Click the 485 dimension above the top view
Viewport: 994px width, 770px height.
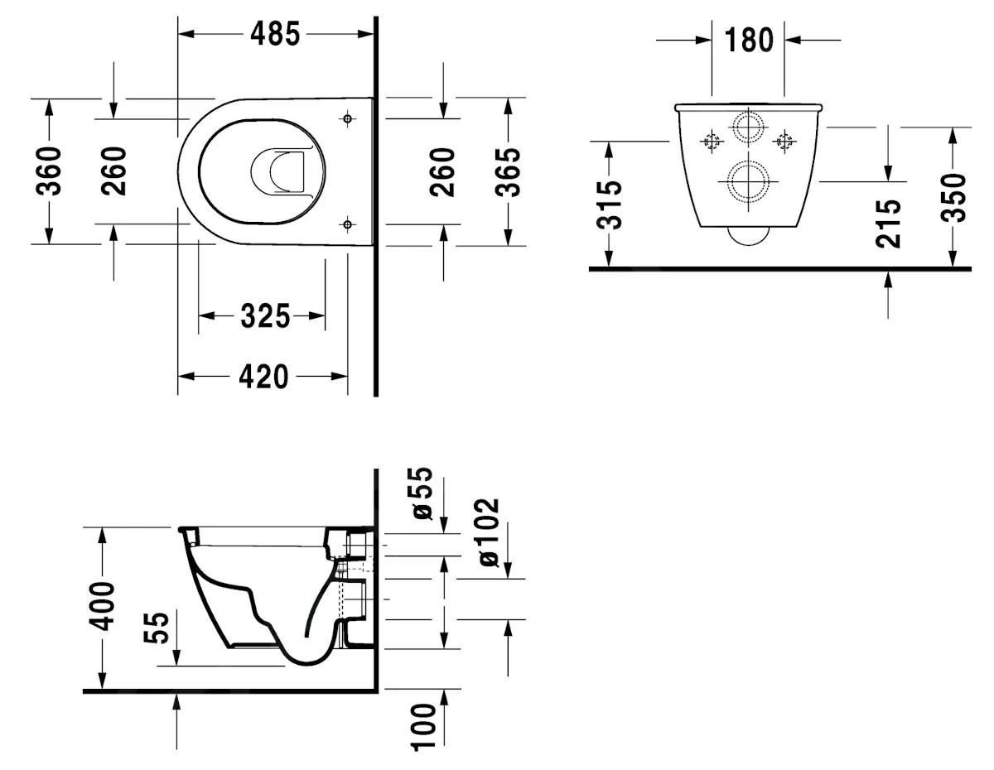pos(277,34)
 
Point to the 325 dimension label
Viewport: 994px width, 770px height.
pos(265,315)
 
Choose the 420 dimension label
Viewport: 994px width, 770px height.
pos(264,377)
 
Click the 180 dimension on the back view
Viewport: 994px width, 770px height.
pos(749,39)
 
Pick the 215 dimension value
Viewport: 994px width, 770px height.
pos(888,223)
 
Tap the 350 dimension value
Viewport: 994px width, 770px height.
pos(955,197)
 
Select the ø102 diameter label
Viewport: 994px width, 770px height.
pos(489,532)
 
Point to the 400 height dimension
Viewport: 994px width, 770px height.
pos(103,605)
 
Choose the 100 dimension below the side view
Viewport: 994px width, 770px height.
pos(423,726)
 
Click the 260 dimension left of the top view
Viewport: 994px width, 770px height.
pos(114,171)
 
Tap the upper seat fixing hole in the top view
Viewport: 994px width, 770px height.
pos(347,119)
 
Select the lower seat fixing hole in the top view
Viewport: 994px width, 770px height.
pos(347,224)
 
